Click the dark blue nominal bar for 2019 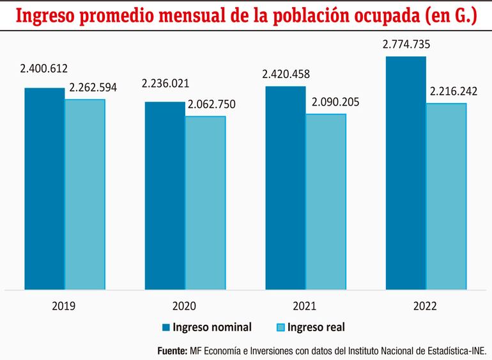(45, 189)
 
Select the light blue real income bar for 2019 (85, 194)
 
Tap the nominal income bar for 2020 (165, 196)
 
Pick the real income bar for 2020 (205, 203)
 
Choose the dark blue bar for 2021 (285, 188)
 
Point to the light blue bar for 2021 (325, 201)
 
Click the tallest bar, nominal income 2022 (405, 173)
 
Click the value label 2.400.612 (43, 69)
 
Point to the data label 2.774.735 (406, 45)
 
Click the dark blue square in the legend (167, 328)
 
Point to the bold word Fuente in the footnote (172, 351)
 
